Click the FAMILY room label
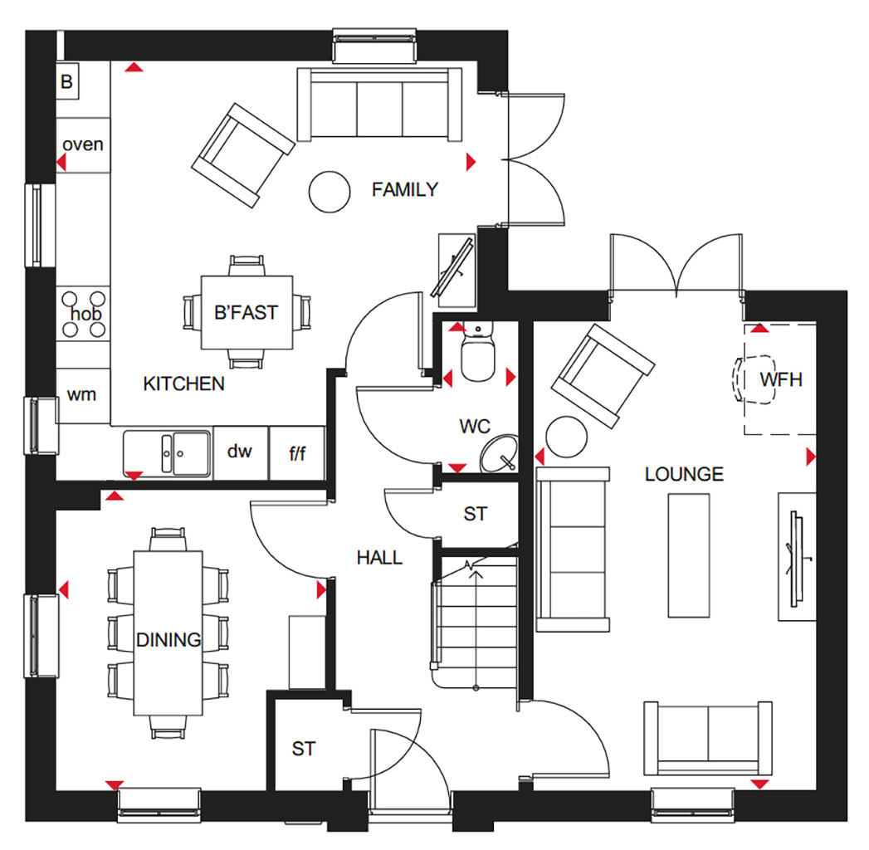(404, 189)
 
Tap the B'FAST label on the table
(246, 312)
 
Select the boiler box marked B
(67, 81)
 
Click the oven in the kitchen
(83, 144)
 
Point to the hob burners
(84, 314)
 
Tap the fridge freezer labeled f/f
(297, 452)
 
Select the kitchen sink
(167, 454)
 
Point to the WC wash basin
(500, 454)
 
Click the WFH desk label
(781, 379)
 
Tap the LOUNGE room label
(684, 474)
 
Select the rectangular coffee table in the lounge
(689, 555)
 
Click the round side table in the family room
(330, 192)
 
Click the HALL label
(379, 558)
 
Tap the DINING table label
(168, 640)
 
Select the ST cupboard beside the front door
(304, 749)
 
